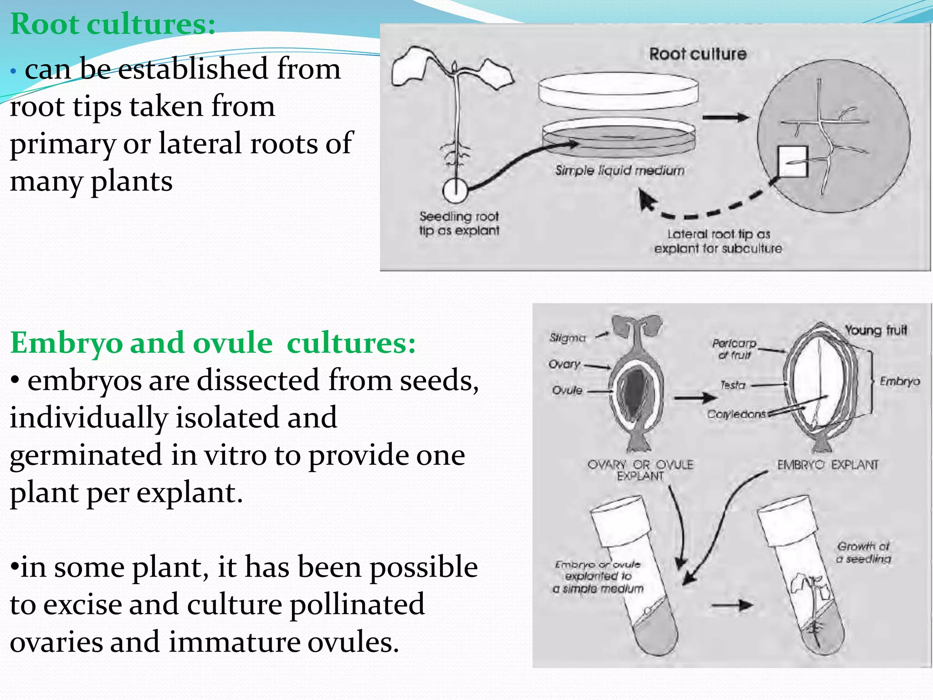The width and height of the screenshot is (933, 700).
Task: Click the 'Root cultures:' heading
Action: pos(113,24)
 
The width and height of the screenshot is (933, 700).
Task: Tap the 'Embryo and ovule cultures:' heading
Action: pos(213,343)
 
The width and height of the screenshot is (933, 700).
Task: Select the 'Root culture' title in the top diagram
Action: pos(697,54)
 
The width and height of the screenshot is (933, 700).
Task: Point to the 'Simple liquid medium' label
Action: pos(620,170)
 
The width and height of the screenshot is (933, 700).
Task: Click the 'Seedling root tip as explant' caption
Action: pos(459,223)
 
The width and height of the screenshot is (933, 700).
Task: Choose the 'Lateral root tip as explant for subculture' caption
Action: pos(718,241)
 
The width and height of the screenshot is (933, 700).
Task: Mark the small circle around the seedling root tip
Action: pos(455,190)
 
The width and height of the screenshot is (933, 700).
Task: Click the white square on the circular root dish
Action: pos(793,161)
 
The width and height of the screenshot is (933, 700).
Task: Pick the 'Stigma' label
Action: pos(567,338)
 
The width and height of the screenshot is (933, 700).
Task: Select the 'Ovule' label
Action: pos(567,390)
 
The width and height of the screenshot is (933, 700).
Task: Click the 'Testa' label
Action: pos(733,385)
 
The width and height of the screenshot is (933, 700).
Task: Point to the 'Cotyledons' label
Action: pos(736,414)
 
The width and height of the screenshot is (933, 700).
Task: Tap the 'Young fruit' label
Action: pos(876,330)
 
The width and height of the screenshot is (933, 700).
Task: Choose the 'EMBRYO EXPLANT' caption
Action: pos(827,465)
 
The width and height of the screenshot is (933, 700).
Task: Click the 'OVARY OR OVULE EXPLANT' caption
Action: pos(640,470)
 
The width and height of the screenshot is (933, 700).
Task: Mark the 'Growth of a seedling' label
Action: pos(863,552)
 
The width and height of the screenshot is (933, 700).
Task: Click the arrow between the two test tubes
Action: pos(732,605)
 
